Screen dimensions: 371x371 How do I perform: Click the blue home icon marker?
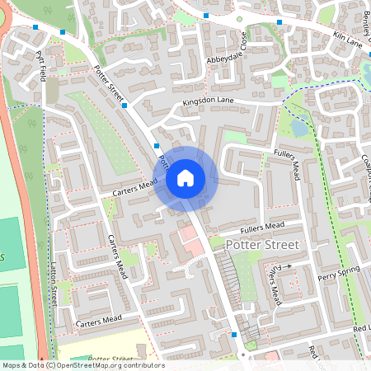[185, 177]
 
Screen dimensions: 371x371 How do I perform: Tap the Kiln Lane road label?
[336, 36]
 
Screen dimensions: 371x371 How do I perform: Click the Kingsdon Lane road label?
[209, 102]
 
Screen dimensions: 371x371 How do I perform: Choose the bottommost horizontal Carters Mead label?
[100, 319]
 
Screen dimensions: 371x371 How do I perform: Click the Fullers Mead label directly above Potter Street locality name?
[262, 226]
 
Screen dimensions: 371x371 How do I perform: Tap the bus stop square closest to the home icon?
[157, 145]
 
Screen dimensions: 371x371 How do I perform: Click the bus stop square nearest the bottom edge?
[235, 335]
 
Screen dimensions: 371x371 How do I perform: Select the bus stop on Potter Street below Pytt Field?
[124, 106]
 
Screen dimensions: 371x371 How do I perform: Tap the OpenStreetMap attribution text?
[82, 365]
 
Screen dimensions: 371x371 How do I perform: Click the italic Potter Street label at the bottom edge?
[110, 359]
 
